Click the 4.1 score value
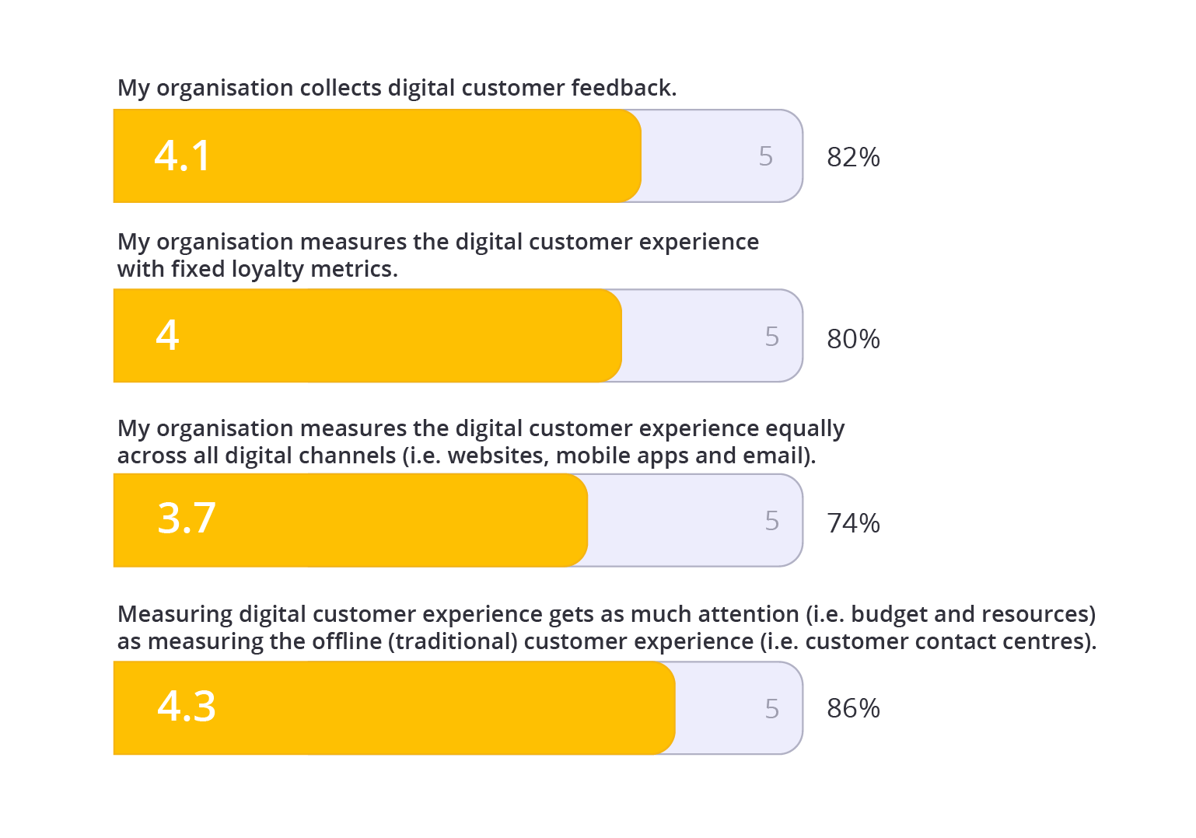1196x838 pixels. [x=183, y=155]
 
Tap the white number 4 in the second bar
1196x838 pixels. [x=167, y=336]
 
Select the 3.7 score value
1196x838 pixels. [x=187, y=519]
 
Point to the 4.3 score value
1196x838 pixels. [x=187, y=707]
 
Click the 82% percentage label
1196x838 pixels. [x=853, y=157]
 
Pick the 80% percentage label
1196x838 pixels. [x=853, y=339]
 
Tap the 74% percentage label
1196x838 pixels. [x=853, y=523]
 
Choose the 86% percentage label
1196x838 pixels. [x=853, y=708]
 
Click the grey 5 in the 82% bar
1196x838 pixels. [x=766, y=156]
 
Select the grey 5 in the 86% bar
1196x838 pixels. [x=771, y=709]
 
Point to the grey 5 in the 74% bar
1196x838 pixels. [x=771, y=521]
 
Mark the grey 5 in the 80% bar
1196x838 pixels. [x=771, y=337]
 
